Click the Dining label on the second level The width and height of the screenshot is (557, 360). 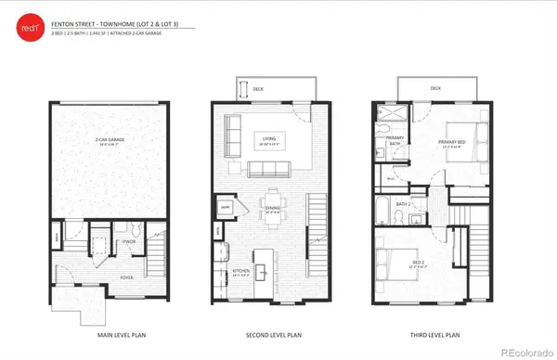(272, 210)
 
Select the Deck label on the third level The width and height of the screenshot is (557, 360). (435, 89)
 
